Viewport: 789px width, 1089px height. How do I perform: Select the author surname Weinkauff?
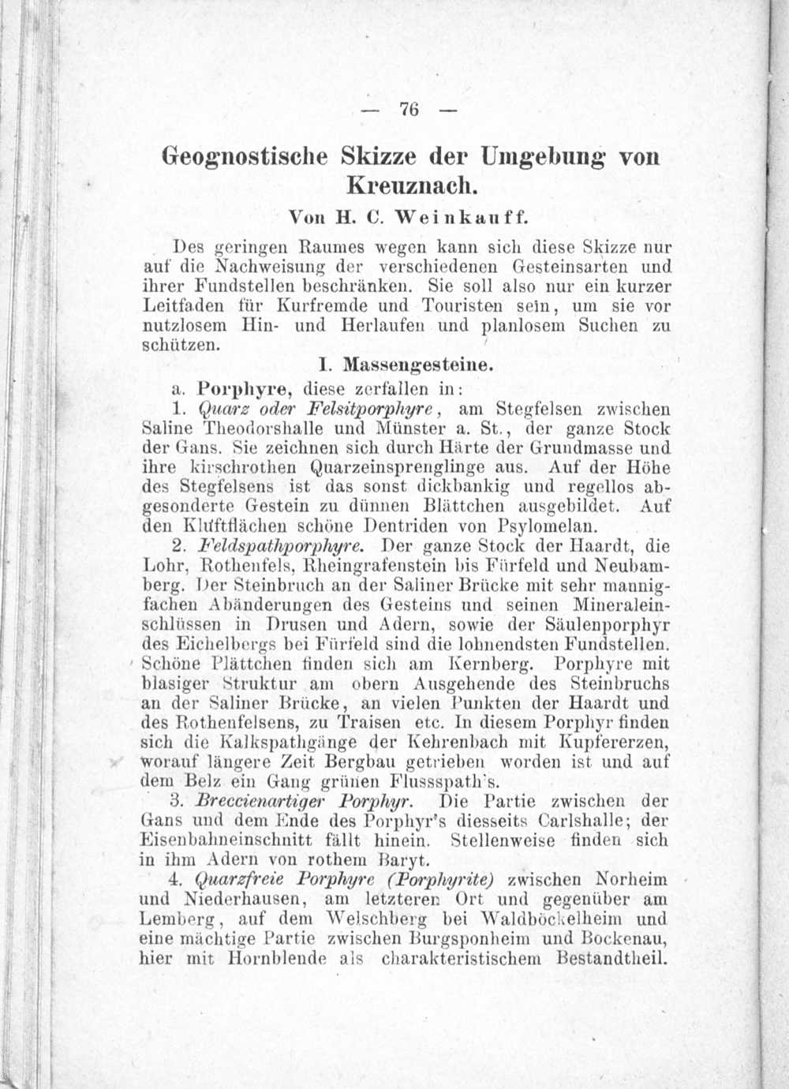pyautogui.click(x=460, y=215)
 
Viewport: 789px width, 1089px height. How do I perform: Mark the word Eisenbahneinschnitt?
pyautogui.click(x=223, y=841)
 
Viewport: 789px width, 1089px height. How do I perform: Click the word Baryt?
pyautogui.click(x=404, y=860)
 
